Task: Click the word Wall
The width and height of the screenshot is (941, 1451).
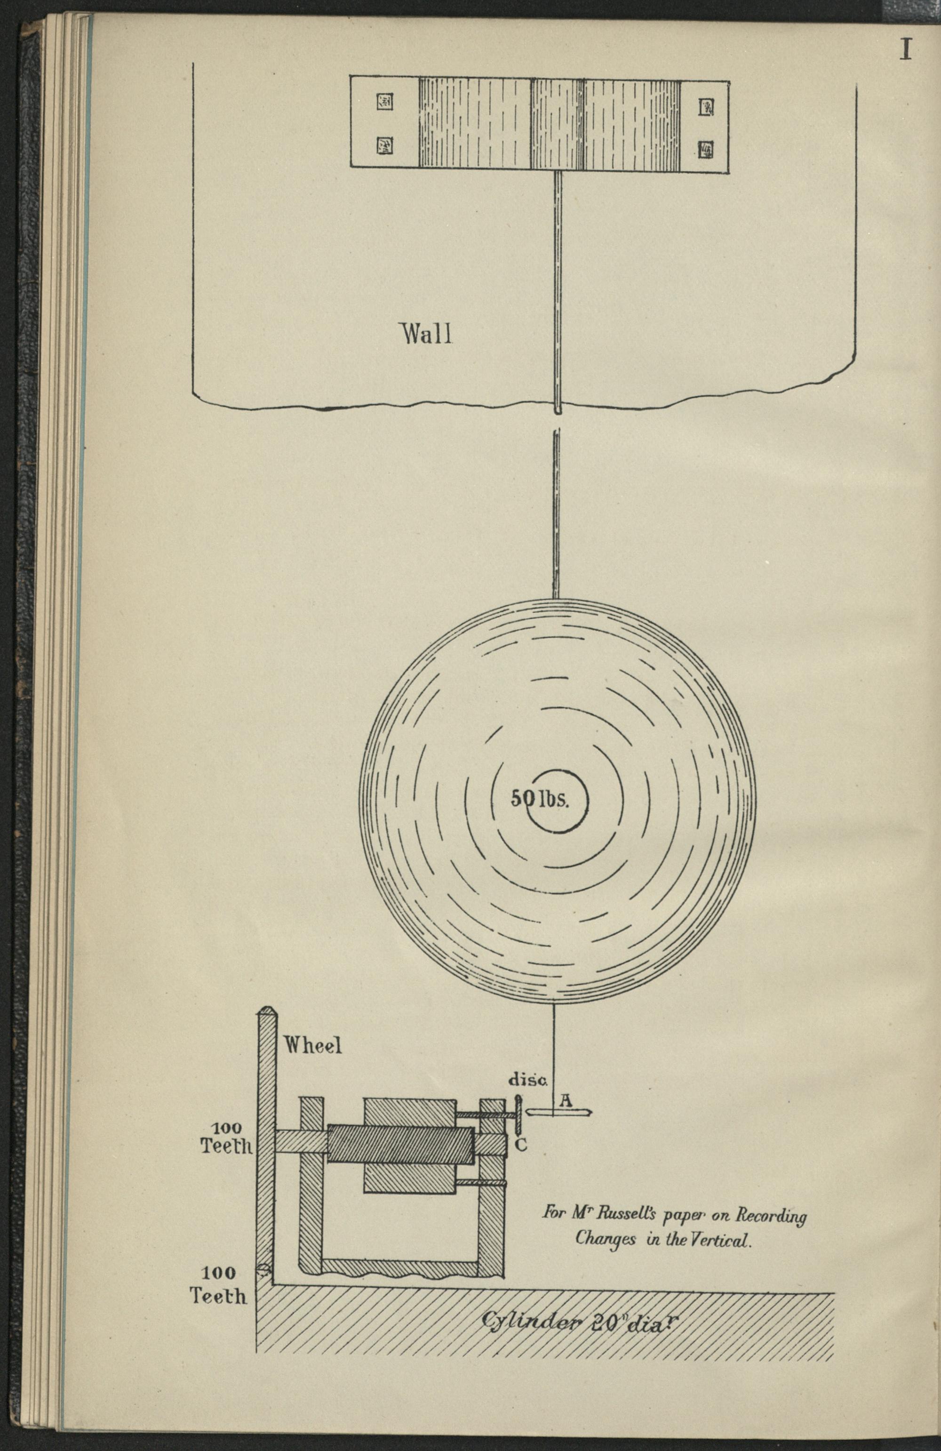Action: coord(426,334)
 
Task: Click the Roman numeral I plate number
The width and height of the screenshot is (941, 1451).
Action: coord(906,49)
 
